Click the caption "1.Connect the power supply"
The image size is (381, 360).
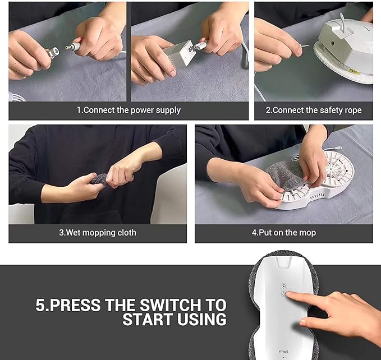[129, 110]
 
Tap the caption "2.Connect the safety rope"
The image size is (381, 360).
[314, 110]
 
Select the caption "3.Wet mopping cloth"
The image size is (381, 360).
[98, 233]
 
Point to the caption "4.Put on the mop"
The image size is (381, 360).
[284, 233]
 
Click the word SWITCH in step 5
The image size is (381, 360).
[171, 305]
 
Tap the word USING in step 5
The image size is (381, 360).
[202, 319]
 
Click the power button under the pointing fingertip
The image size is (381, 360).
[283, 293]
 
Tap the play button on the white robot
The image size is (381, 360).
[283, 286]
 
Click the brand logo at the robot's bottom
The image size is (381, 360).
[283, 351]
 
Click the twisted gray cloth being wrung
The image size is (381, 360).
[100, 180]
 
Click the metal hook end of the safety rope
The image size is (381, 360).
[304, 46]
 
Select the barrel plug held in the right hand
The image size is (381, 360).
[73, 47]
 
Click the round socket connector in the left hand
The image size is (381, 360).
[54, 52]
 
